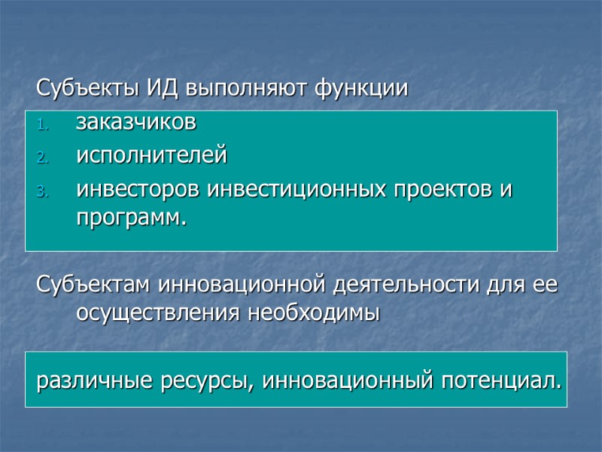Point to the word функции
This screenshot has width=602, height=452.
click(362, 90)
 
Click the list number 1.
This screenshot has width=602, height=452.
click(43, 124)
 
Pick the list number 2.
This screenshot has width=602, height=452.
click(43, 158)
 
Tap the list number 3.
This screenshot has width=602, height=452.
click(43, 192)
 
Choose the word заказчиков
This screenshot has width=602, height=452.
click(136, 122)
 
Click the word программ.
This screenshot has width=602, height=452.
click(130, 218)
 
